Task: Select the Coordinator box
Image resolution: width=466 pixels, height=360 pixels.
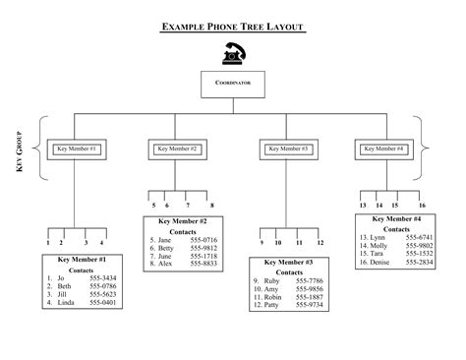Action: [x=233, y=84]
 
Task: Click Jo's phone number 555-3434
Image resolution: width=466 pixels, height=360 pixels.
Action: [x=102, y=278]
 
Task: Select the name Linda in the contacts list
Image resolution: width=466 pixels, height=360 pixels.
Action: [x=66, y=302]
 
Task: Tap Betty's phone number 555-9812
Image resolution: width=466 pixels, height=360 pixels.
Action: [x=204, y=248]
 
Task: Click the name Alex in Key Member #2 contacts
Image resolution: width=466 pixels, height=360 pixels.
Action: [x=165, y=264]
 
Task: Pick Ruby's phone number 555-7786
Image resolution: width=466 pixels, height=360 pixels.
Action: [x=310, y=280]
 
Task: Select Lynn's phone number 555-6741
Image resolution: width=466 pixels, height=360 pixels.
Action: [x=418, y=237]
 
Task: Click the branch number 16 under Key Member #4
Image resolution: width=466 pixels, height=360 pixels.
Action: [x=421, y=205]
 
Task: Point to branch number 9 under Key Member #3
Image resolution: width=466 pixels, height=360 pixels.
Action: [x=262, y=241]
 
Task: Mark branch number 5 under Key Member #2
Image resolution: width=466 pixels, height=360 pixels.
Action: [x=152, y=205]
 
